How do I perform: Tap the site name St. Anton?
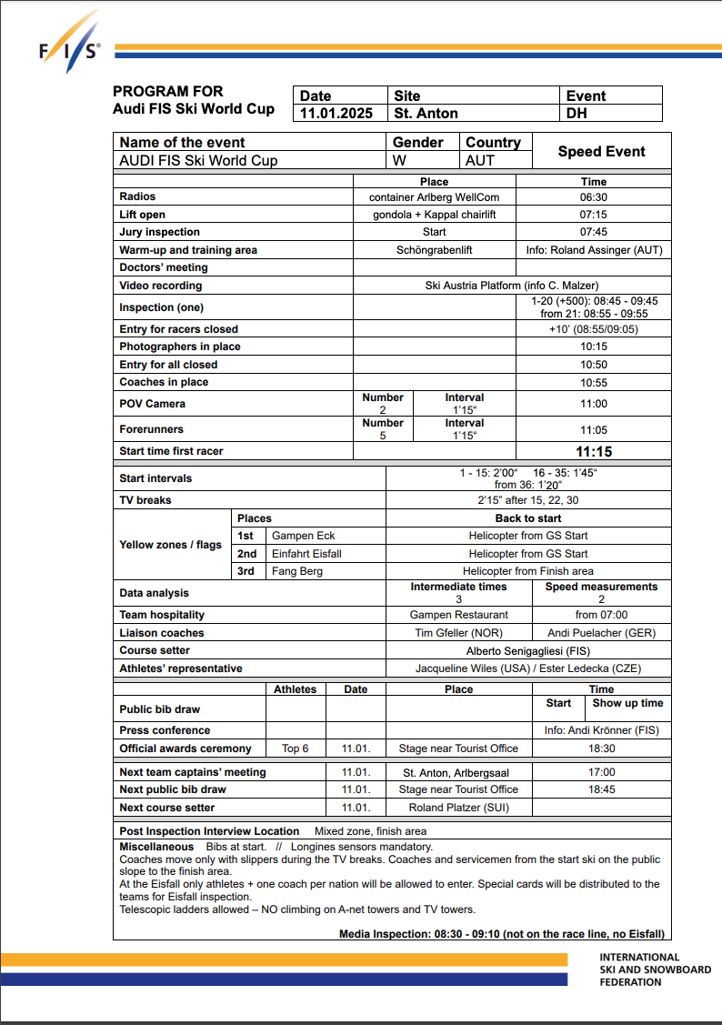[x=426, y=114]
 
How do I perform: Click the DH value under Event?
[x=577, y=114]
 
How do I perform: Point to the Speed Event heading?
[x=601, y=152]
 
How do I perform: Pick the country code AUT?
[x=480, y=161]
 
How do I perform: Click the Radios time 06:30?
[x=594, y=197]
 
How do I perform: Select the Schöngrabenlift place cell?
[x=434, y=250]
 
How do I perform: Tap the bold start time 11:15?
[x=594, y=451]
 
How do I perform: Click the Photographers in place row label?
[x=180, y=347]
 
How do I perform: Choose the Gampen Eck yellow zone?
[x=304, y=536]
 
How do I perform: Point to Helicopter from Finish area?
[x=528, y=571]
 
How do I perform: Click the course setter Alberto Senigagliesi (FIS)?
[x=528, y=651]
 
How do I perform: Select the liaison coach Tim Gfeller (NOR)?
[x=459, y=633]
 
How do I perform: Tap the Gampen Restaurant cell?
[x=459, y=615]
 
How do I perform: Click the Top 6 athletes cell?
[x=296, y=749]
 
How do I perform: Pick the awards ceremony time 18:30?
[x=601, y=749]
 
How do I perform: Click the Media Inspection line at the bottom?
[x=501, y=934]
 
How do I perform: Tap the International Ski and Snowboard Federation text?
[x=655, y=970]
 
